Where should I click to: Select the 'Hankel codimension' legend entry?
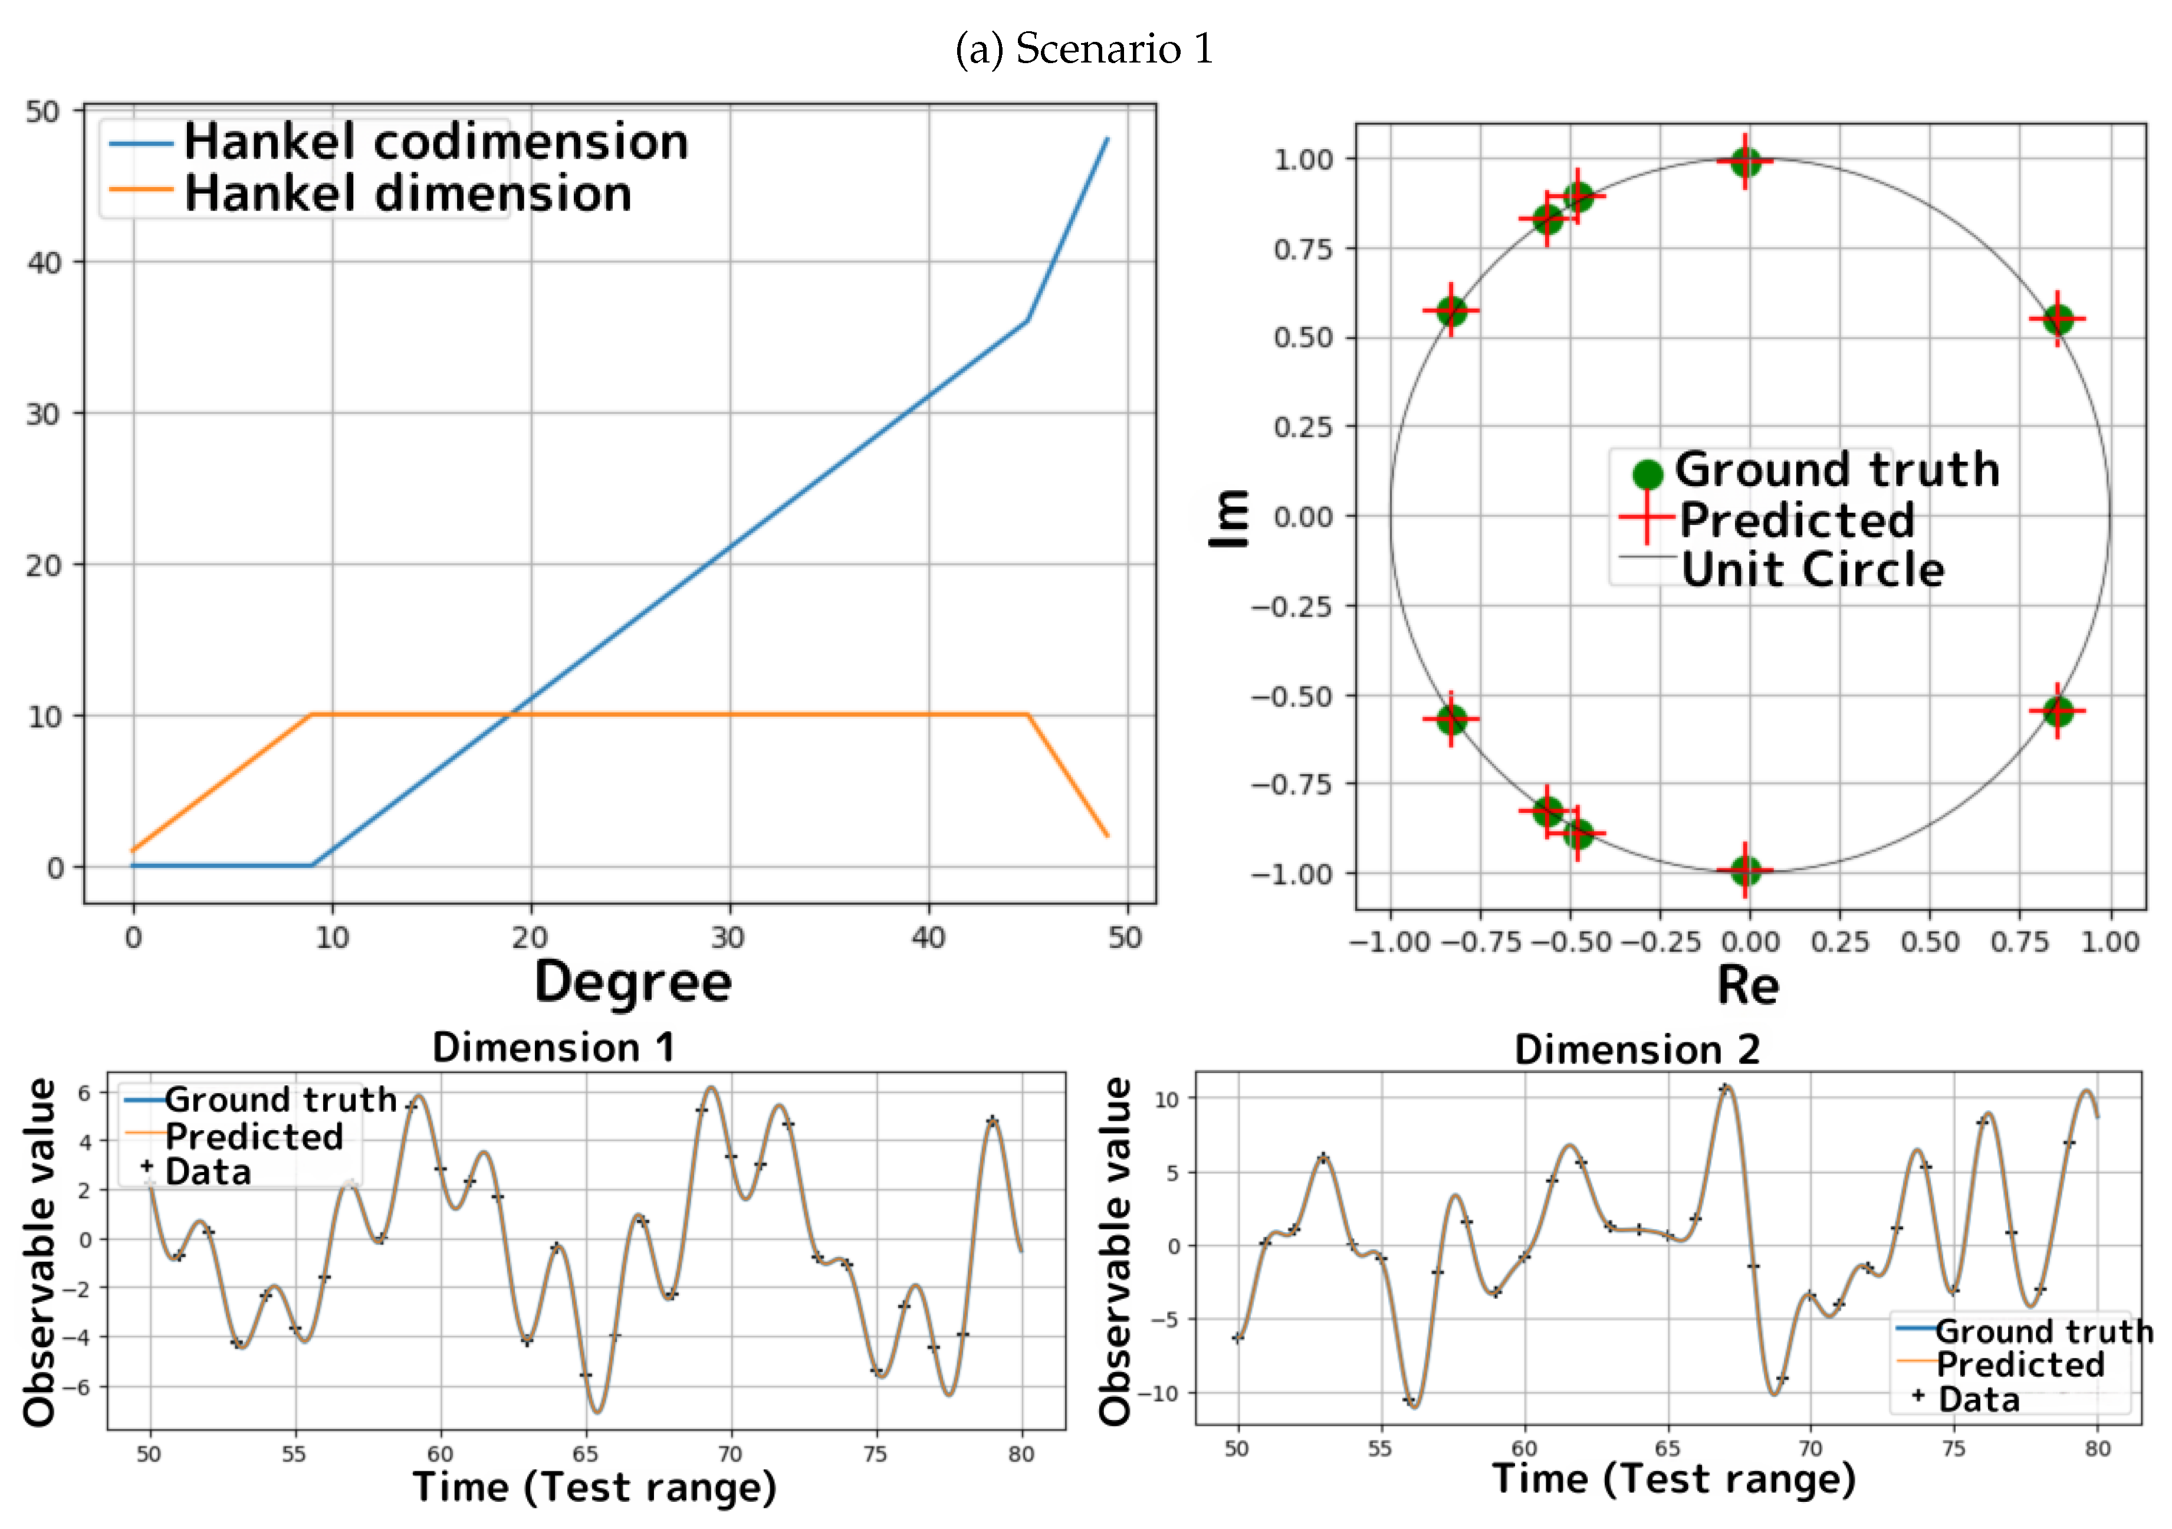pos(435,143)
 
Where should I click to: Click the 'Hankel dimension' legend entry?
pos(407,194)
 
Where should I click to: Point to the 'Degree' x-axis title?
pos(633,982)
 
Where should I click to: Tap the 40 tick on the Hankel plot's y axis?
pos(44,263)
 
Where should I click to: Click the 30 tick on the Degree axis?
pos(728,938)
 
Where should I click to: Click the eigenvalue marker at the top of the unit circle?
pos(1746,162)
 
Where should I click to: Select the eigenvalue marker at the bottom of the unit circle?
pos(1746,870)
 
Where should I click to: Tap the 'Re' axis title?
pos(1748,986)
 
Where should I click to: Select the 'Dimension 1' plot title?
pos(553,1048)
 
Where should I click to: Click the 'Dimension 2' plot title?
pos(1637,1050)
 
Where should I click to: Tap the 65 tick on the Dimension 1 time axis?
pos(584,1454)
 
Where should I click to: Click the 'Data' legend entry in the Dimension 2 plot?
pos(1978,1399)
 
